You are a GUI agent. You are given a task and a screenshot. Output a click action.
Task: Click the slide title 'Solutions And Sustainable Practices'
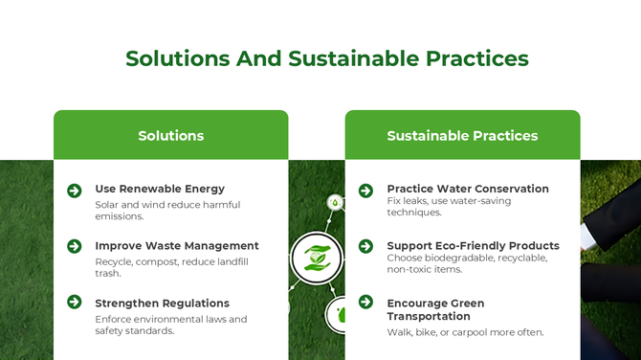point(327,58)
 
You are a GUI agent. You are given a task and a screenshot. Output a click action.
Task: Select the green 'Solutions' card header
point(170,135)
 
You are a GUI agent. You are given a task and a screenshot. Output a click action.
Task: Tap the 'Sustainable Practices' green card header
point(462,135)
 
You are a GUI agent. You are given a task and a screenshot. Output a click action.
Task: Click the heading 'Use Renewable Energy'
point(160,189)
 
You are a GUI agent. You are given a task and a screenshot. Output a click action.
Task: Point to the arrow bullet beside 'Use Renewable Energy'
point(75,191)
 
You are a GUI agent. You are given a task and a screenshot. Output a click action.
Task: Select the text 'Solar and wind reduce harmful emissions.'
point(167,210)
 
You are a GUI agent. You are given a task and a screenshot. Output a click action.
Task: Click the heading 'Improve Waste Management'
point(176,246)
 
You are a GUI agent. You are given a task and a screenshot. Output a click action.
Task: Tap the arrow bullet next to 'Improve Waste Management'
point(75,247)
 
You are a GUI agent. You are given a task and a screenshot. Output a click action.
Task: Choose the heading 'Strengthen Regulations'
point(162,304)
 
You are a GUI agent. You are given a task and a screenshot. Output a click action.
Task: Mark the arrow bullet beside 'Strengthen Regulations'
point(75,303)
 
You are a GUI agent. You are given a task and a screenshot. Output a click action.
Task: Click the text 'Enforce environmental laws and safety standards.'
point(170,325)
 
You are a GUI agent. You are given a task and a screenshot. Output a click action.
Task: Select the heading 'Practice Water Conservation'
point(467,189)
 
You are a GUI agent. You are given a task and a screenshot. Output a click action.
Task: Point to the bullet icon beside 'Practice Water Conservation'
point(365,191)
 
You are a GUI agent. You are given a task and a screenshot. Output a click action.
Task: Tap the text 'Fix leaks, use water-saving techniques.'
point(449,206)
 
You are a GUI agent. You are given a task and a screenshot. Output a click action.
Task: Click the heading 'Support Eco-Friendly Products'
point(473,246)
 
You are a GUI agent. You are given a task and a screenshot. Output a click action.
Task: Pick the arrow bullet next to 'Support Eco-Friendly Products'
point(365,247)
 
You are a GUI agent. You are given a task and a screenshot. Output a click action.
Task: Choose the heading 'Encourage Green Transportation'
point(435,309)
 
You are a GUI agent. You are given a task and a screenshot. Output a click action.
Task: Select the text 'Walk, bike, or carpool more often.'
point(465,332)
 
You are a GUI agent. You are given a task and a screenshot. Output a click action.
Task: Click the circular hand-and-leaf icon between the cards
point(317,258)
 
